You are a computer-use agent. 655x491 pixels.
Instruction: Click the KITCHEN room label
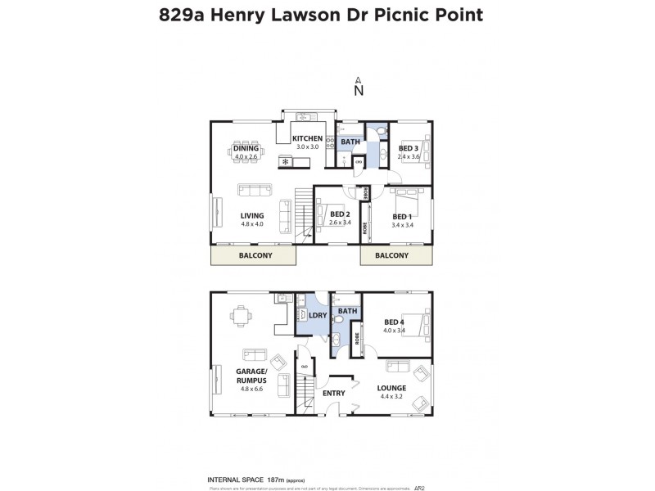coord(307,138)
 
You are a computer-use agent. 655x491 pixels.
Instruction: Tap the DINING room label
coord(246,148)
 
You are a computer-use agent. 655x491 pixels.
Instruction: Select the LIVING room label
coord(252,216)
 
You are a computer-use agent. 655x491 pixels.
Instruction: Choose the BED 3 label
coord(409,148)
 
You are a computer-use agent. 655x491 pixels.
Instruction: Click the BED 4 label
coord(395,322)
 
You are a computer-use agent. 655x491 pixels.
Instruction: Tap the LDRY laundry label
coord(318,315)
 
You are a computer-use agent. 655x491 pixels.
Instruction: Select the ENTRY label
coord(333,393)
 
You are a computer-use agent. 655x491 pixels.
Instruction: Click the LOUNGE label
coord(391,388)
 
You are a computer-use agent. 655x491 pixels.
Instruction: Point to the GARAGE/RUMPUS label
coord(252,375)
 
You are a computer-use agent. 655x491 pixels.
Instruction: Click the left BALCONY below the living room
coord(255,255)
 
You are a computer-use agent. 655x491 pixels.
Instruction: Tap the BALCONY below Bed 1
coord(391,255)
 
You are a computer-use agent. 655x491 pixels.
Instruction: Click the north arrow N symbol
coord(358,90)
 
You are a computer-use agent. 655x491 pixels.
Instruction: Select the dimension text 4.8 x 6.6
coord(252,389)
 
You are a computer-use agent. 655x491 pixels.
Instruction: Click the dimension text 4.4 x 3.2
coord(391,397)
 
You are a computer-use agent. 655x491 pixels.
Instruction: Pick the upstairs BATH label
coord(350,142)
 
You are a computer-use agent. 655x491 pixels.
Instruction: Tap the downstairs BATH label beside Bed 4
coord(347,311)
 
